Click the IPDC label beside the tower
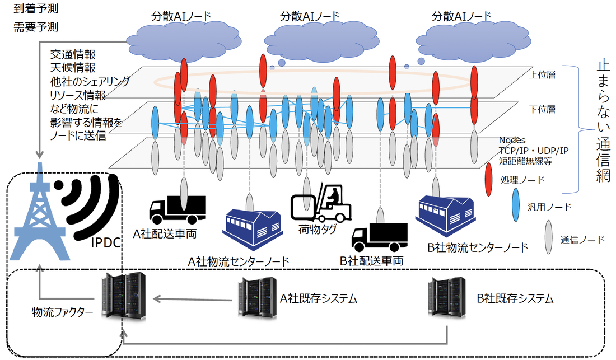(106, 243)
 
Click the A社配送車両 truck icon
(177, 209)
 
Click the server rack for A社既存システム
(253, 297)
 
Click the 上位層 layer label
(542, 74)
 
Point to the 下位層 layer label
(542, 109)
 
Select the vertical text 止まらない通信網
(603, 121)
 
